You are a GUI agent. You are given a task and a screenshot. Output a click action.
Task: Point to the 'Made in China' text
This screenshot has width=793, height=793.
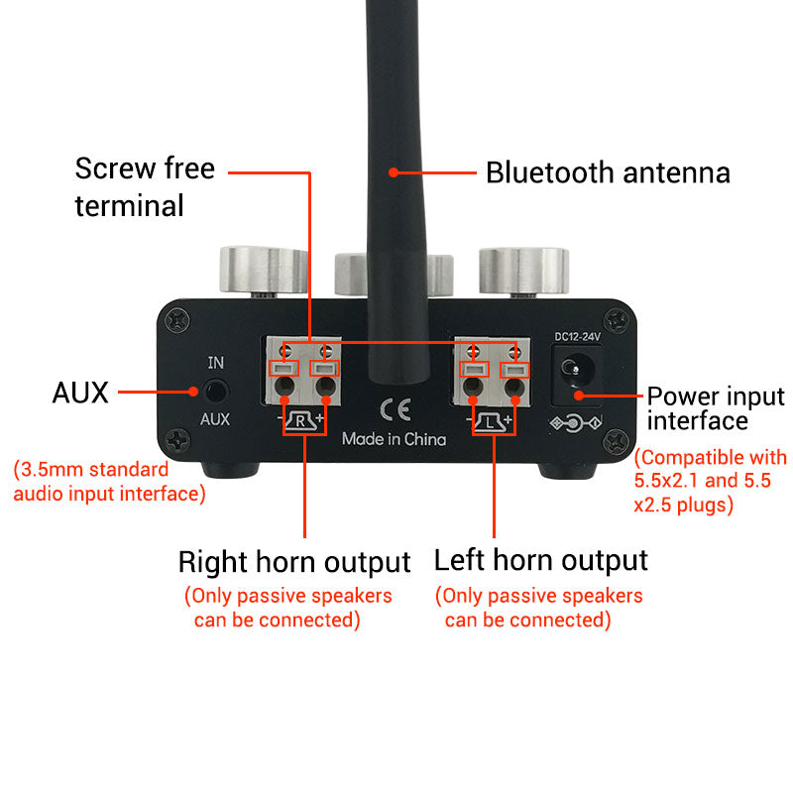[394, 438]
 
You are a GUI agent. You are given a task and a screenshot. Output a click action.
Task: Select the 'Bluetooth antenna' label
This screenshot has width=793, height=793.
[608, 172]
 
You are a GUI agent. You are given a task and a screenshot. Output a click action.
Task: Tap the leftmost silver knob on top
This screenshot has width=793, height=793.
[263, 270]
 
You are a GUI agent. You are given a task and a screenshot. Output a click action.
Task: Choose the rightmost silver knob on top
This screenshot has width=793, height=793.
[523, 270]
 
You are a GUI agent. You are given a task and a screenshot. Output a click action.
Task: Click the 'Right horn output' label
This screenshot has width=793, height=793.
[294, 562]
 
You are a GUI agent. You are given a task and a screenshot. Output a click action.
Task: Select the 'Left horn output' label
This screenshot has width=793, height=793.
[541, 560]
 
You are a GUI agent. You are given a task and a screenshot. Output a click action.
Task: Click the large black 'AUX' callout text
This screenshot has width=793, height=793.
[79, 393]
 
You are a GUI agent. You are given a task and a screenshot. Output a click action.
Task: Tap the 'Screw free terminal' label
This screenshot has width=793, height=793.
[145, 186]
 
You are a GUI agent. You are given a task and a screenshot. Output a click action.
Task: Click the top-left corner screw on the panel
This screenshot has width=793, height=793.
[177, 319]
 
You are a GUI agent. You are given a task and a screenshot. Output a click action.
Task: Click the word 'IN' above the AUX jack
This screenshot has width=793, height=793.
[215, 363]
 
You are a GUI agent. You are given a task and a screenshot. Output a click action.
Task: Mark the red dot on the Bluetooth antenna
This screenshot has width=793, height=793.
[394, 172]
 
